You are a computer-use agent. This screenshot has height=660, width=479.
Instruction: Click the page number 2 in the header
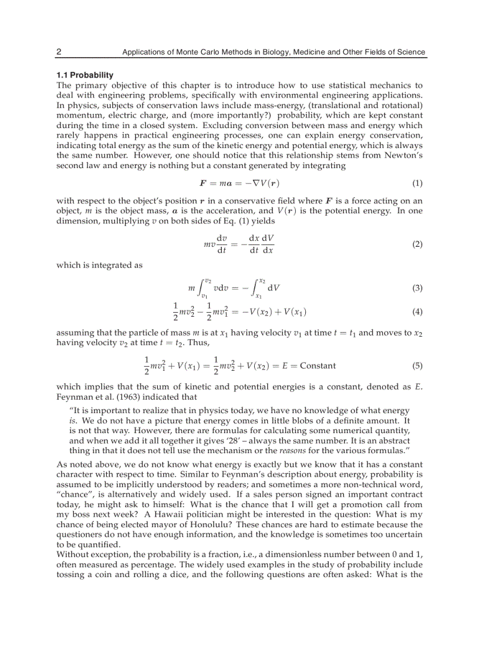(x=59, y=52)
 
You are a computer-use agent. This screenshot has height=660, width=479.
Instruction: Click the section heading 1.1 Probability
(x=85, y=75)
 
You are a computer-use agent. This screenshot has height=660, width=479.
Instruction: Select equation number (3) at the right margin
(x=417, y=288)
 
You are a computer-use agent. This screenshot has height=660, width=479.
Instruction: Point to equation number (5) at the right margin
(x=417, y=366)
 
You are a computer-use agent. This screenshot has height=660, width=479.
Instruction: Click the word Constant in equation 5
(x=318, y=366)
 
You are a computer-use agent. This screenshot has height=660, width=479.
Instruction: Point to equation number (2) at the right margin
(x=417, y=244)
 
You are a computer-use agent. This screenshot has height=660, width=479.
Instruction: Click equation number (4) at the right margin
(x=417, y=311)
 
